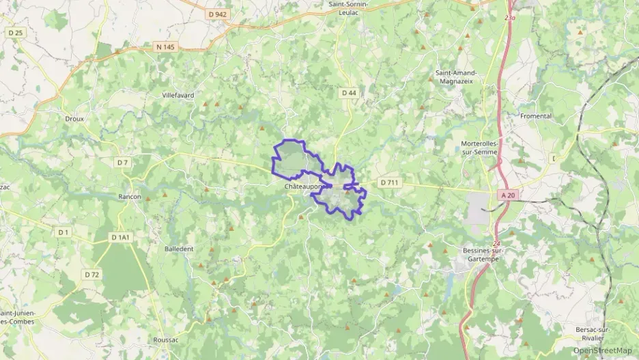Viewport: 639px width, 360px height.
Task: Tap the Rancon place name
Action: (x=130, y=197)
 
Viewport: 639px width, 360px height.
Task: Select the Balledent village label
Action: (x=179, y=249)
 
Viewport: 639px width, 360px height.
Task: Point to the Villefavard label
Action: (x=178, y=95)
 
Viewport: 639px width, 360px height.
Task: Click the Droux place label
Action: (x=74, y=118)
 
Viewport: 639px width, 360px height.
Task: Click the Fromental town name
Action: (x=536, y=116)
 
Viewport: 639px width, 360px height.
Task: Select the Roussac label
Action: (x=166, y=340)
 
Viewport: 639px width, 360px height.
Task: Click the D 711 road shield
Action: (x=390, y=182)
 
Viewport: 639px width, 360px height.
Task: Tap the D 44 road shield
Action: (x=349, y=92)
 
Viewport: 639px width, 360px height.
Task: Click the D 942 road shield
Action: (x=218, y=14)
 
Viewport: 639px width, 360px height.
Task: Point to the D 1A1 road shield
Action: (x=120, y=237)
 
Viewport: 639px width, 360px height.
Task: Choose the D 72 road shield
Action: (x=92, y=274)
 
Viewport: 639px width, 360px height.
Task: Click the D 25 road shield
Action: (x=15, y=32)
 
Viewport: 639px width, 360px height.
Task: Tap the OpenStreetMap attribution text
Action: (x=602, y=350)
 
